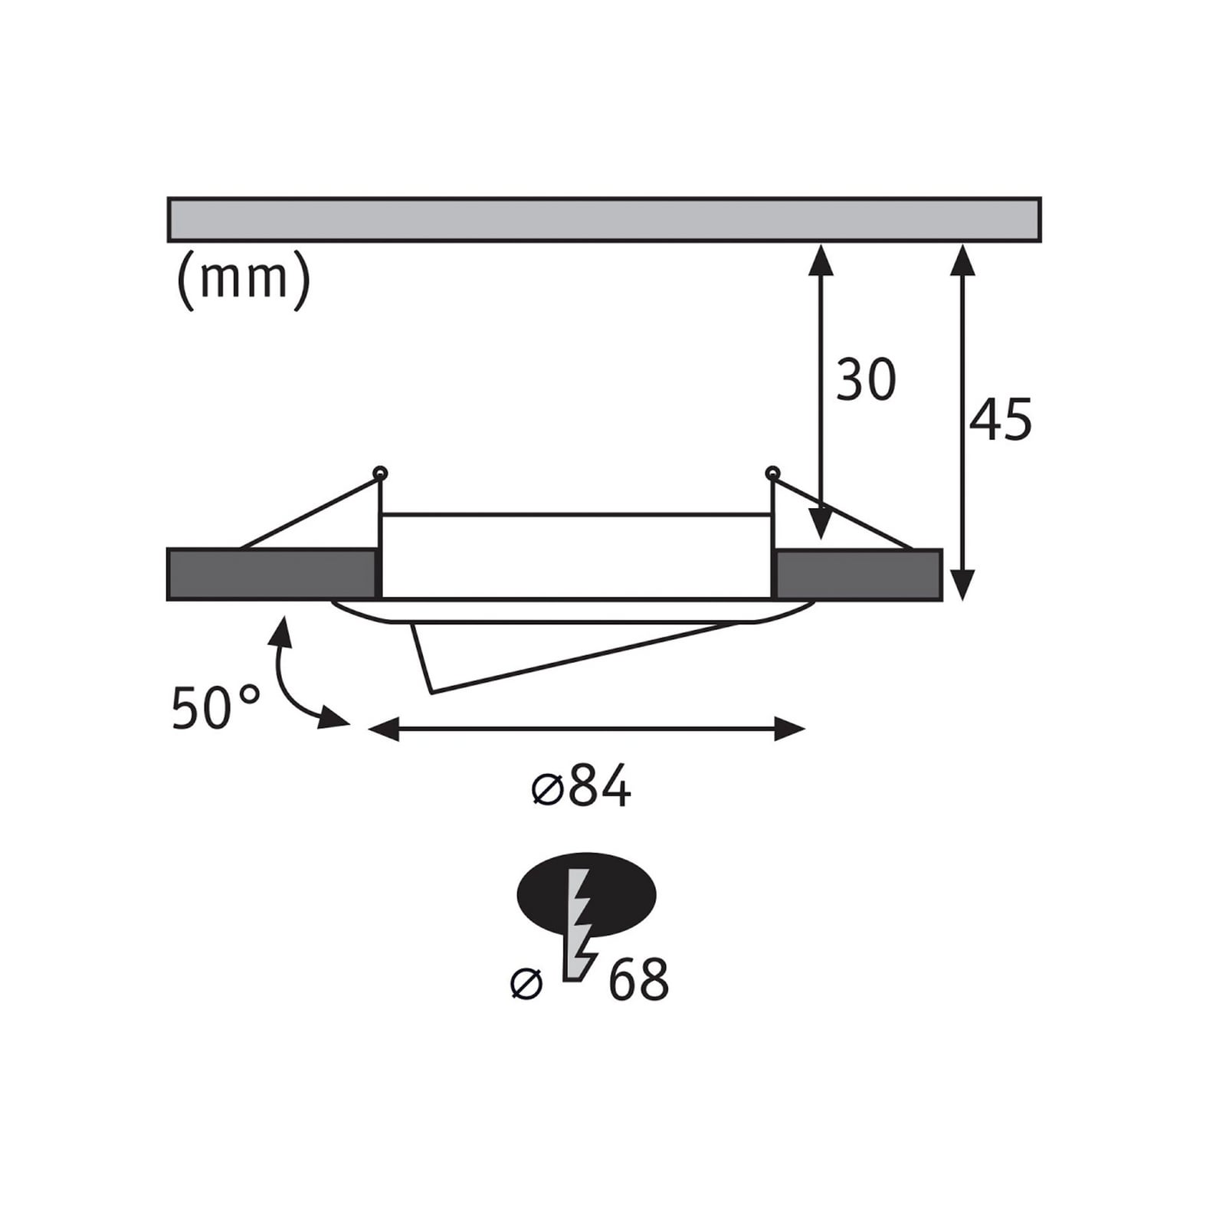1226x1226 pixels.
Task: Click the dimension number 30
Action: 866,380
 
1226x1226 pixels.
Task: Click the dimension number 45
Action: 1001,420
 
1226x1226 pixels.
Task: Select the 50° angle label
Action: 215,707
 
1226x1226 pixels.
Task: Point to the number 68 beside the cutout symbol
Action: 638,979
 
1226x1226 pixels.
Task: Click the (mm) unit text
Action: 244,280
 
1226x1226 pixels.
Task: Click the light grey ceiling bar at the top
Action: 604,220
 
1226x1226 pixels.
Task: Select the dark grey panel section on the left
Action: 272,574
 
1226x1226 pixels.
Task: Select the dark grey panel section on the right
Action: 857,574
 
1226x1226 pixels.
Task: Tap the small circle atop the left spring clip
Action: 379,473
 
